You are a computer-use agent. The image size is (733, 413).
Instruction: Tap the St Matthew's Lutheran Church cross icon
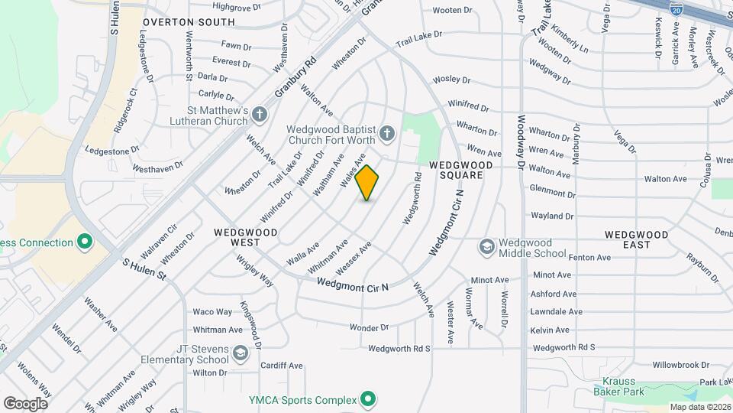260,115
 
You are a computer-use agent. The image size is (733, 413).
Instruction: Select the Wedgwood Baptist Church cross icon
387,135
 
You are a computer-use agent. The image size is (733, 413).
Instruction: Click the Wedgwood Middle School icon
486,247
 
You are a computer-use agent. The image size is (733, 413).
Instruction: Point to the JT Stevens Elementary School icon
241,353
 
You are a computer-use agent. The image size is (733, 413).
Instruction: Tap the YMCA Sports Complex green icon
368,399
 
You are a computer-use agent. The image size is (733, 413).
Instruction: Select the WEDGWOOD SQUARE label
456,170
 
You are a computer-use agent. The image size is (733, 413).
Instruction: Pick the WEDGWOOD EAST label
637,239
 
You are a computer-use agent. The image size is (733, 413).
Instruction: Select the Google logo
25,403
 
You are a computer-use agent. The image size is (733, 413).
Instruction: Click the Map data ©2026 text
699,407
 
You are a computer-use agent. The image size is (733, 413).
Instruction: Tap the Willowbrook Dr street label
660,366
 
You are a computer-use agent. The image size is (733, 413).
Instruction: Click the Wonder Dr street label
370,327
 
